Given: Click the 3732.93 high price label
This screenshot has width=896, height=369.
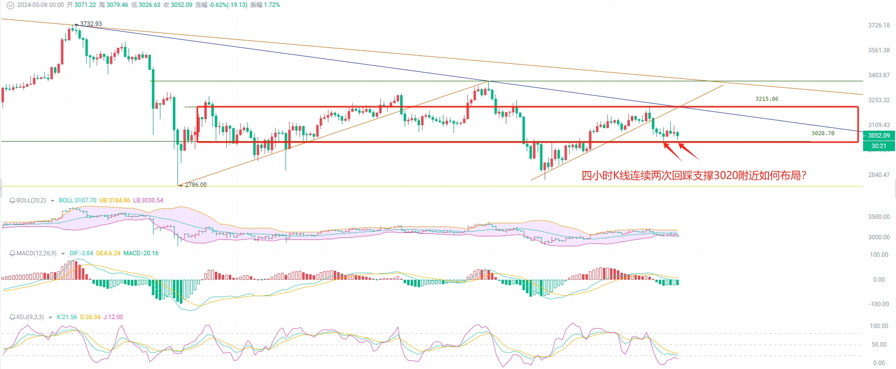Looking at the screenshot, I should click(x=91, y=24).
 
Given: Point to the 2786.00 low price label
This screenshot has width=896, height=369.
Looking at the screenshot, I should click(x=195, y=185).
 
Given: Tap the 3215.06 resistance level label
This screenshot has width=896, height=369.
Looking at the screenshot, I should click(x=766, y=99).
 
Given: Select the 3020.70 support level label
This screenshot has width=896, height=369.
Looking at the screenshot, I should click(x=822, y=133).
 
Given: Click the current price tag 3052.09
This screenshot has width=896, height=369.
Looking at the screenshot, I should click(x=879, y=136).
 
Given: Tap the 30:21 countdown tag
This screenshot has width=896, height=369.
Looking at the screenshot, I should click(x=879, y=146).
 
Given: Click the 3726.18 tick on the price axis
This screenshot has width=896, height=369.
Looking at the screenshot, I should click(x=879, y=25).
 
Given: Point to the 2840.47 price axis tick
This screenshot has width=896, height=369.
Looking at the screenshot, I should click(x=879, y=175).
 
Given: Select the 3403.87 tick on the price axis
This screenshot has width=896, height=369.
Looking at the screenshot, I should click(x=879, y=75).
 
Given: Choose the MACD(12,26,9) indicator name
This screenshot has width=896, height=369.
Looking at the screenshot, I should click(x=36, y=253).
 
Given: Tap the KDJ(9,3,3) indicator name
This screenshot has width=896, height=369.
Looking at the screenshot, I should click(x=30, y=317).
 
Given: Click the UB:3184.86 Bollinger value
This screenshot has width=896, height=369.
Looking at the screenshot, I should click(x=115, y=200).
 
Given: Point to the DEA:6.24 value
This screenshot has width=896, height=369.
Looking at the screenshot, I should click(x=108, y=253).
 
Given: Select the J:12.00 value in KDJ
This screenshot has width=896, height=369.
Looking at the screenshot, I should click(x=113, y=317).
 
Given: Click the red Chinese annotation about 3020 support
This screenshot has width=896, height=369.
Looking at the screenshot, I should click(x=694, y=176).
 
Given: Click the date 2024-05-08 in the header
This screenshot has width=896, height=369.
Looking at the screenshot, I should click(x=34, y=5).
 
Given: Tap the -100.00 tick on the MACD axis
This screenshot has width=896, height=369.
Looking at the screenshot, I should click(x=879, y=304).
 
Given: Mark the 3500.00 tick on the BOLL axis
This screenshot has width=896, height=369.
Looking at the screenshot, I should click(x=879, y=217).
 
